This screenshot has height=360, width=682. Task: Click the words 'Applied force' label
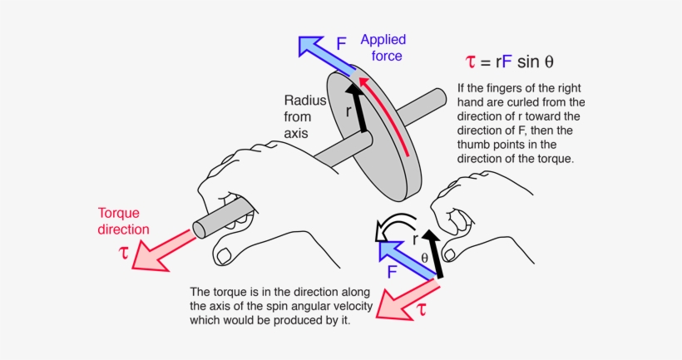(x=382, y=48)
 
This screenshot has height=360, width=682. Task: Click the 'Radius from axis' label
(x=297, y=116)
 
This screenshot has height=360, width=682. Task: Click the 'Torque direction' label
(x=124, y=220)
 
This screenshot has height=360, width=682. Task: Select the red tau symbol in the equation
(x=472, y=62)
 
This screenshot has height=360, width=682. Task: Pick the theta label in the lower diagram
(x=424, y=258)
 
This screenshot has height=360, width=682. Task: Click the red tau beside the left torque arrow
(x=125, y=253)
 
